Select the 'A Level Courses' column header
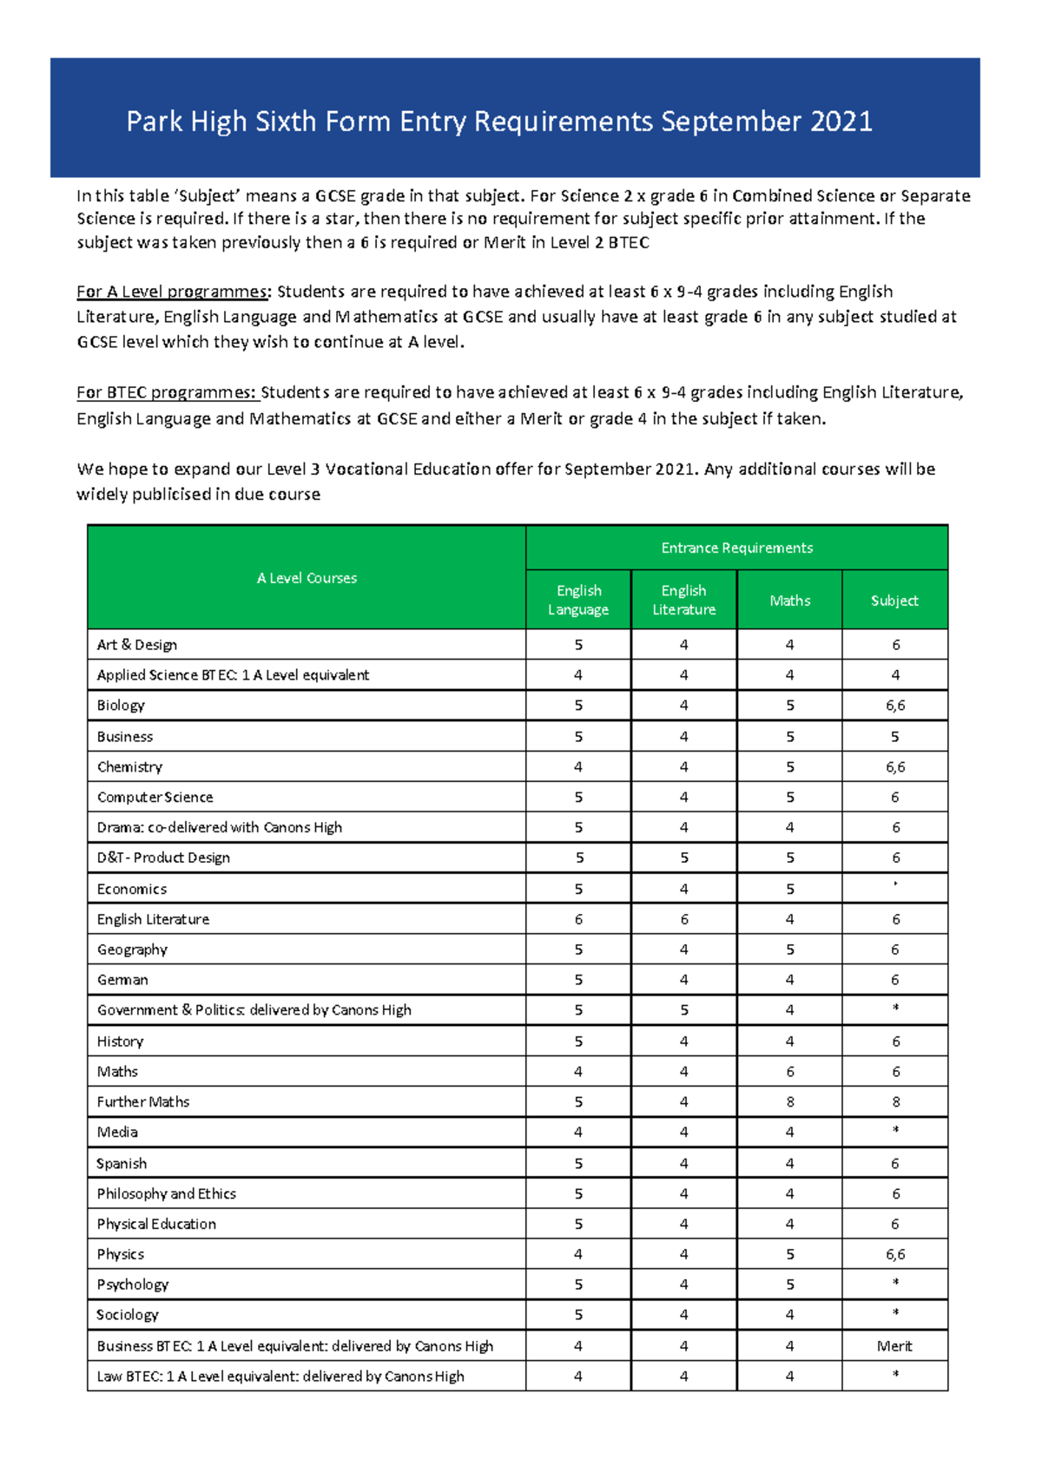[307, 578]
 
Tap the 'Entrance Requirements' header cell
[736, 548]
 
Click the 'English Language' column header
[578, 600]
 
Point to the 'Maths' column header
[789, 601]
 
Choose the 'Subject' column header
[894, 601]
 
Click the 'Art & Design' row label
[137, 645]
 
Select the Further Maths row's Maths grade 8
[789, 1102]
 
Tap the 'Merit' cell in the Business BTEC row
[894, 1346]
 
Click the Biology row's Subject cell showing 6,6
[895, 706]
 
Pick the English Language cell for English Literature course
[578, 919]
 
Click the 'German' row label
[122, 980]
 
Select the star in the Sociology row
[895, 1313]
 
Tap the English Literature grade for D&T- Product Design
[684, 858]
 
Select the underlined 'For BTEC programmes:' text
[168, 392]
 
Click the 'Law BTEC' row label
[280, 1377]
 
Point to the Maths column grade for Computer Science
[789, 797]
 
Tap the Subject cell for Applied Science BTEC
[895, 675]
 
